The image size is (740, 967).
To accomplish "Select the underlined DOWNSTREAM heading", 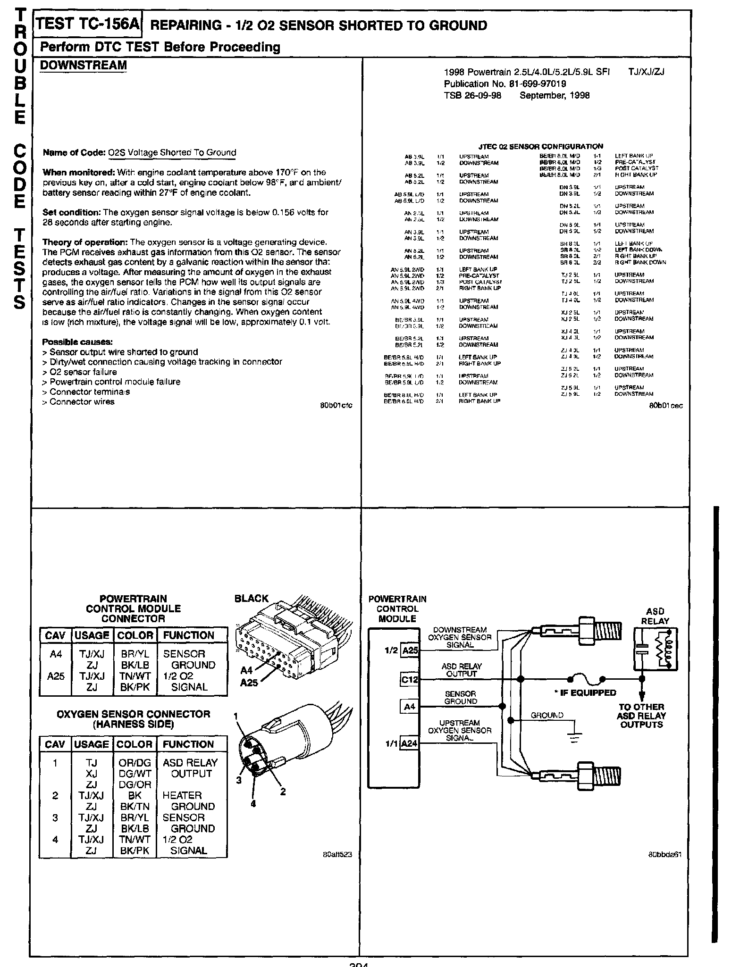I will pos(83,65).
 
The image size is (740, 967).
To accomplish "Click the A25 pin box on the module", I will pos(410,650).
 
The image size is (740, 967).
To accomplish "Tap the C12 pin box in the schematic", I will pos(409,680).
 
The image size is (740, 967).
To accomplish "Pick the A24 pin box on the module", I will pos(409,744).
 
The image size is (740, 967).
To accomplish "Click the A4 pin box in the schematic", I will pos(410,707).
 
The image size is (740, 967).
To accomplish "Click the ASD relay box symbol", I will pos(655,649).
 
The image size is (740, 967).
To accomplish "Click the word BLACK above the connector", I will pos(251,599).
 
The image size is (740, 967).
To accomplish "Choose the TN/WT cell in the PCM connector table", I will pos(135,676).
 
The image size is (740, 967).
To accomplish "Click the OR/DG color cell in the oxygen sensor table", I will pos(135,763).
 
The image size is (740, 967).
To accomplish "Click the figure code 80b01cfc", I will pos(336,405).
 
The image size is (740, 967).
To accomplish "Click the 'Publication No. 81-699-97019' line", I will pos(505,84).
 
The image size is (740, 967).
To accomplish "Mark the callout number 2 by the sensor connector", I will pos(283,792).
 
